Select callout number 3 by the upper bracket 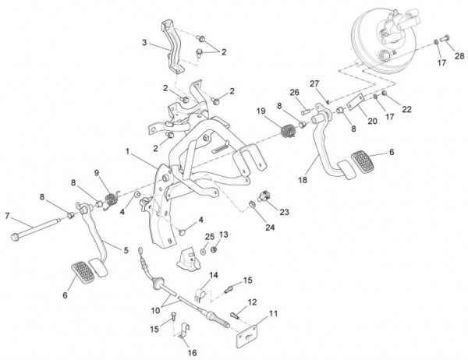tap(144, 43)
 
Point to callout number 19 tap(261, 112)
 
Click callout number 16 tap(193, 352)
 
